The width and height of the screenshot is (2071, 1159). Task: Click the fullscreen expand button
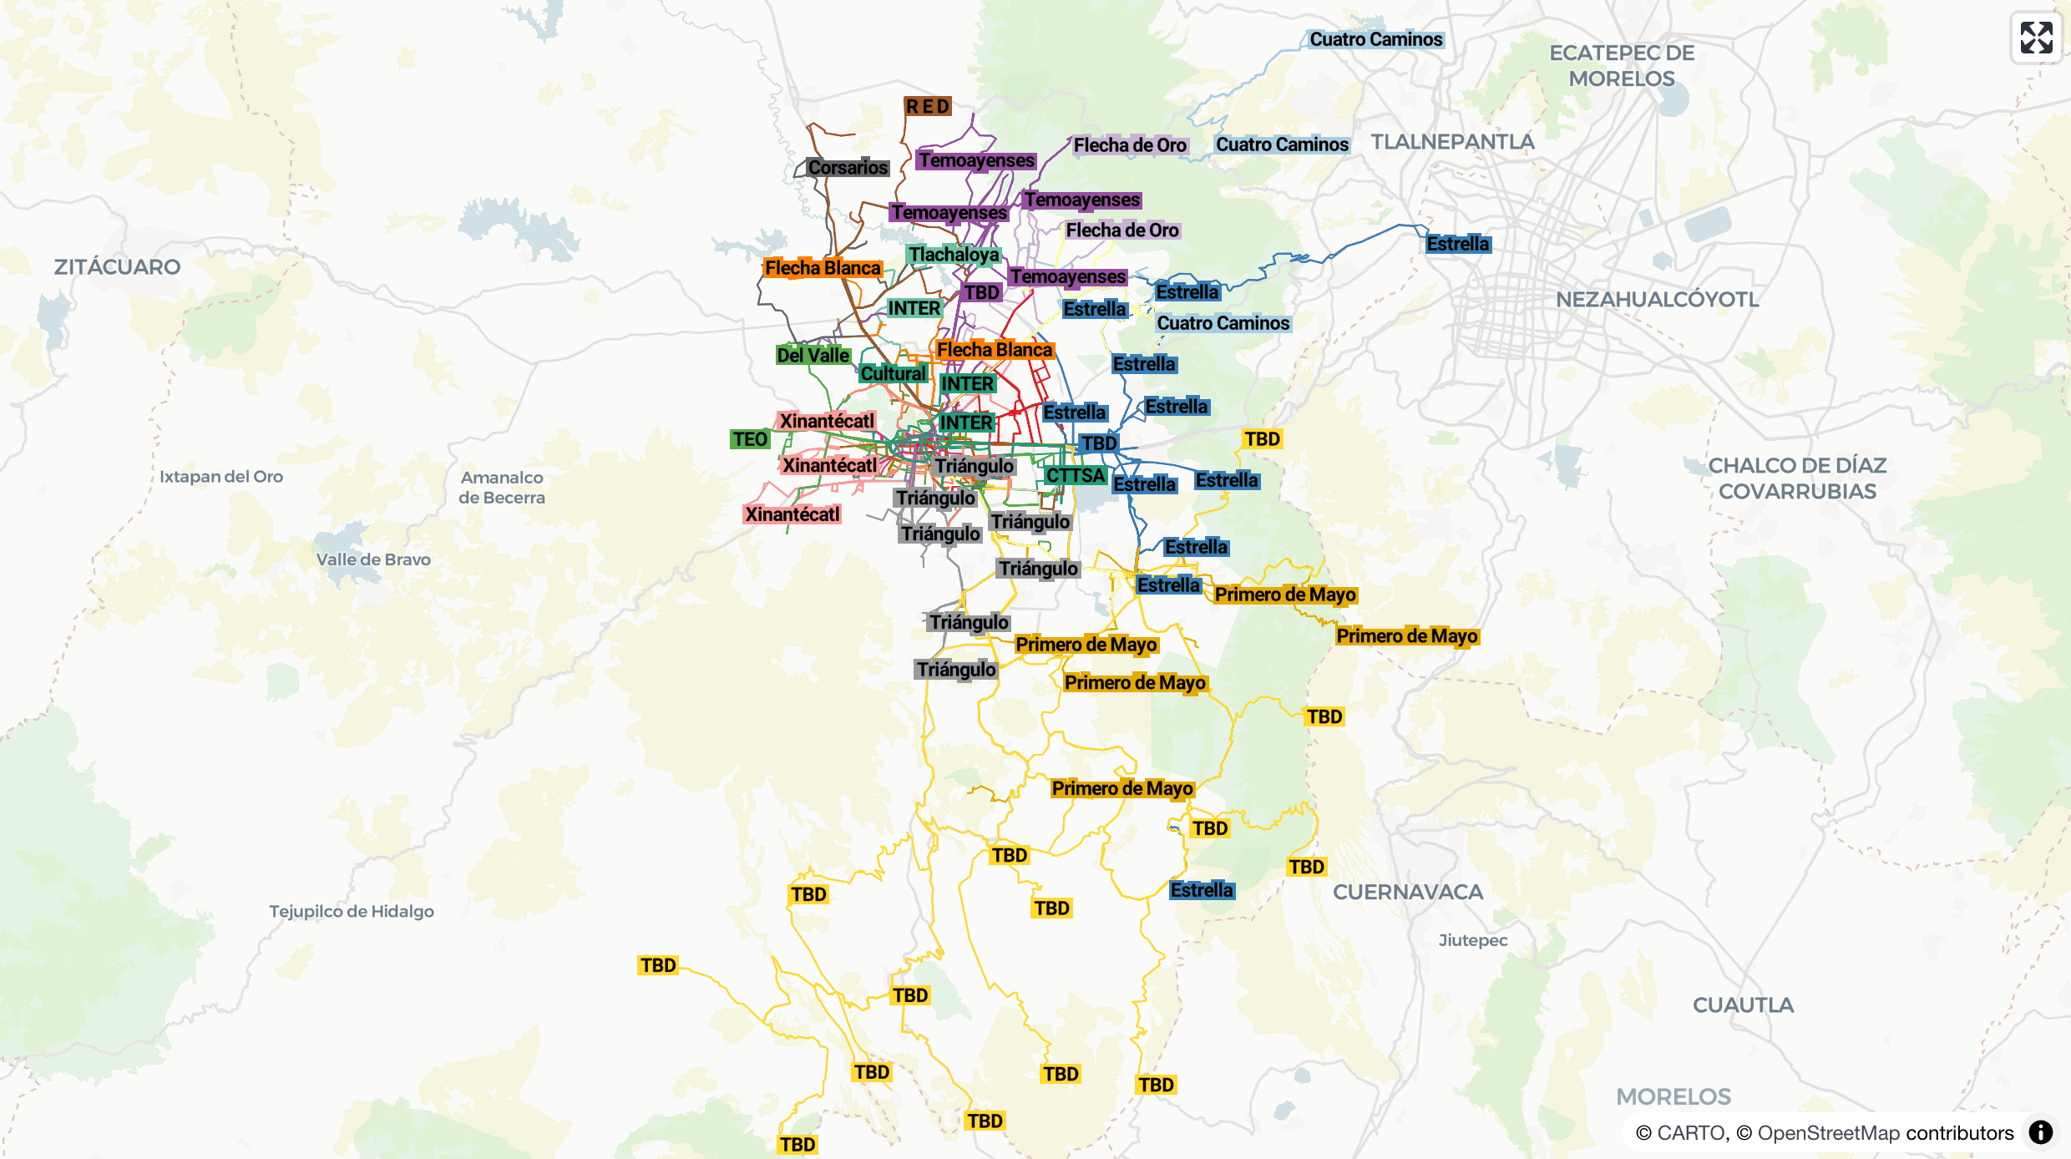pyautogui.click(x=2036, y=38)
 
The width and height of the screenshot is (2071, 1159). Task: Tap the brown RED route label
pyautogui.click(x=928, y=106)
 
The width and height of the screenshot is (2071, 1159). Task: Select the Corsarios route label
pyautogui.click(x=848, y=167)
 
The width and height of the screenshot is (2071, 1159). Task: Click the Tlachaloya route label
pyautogui.click(x=954, y=254)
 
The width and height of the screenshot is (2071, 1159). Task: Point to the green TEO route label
pyautogui.click(x=750, y=439)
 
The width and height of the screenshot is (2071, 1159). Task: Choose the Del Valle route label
pyautogui.click(x=813, y=355)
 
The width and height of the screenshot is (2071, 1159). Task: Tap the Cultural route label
pyautogui.click(x=894, y=373)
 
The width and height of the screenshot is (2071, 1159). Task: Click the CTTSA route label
pyautogui.click(x=1076, y=475)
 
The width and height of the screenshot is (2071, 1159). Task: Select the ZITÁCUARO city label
pyautogui.click(x=117, y=266)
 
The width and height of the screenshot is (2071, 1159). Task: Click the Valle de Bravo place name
pyautogui.click(x=373, y=559)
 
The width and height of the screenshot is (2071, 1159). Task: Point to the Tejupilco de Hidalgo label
pyautogui.click(x=351, y=911)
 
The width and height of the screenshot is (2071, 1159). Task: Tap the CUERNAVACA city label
pyautogui.click(x=1408, y=892)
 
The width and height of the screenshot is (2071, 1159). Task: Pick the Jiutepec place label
pyautogui.click(x=1472, y=940)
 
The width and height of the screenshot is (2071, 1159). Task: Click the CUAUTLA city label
pyautogui.click(x=1743, y=1005)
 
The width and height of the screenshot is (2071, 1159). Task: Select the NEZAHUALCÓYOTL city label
pyautogui.click(x=1657, y=299)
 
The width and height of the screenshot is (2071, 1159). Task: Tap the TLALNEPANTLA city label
pyautogui.click(x=1452, y=141)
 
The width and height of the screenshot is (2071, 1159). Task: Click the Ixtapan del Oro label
pyautogui.click(x=221, y=476)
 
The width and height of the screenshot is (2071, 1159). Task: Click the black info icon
pyautogui.click(x=2040, y=1132)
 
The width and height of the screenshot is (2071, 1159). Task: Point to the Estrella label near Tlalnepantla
pyautogui.click(x=1457, y=244)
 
